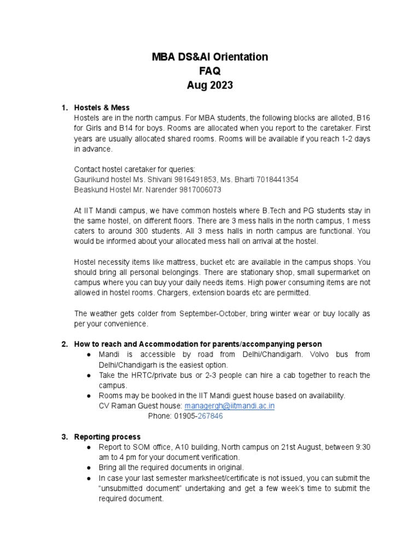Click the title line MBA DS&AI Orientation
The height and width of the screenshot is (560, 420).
click(211, 57)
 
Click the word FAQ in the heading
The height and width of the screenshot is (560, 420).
click(211, 71)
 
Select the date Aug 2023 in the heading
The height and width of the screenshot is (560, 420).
click(211, 85)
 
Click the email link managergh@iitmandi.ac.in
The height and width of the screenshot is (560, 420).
click(229, 406)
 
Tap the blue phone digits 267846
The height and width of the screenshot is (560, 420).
click(210, 416)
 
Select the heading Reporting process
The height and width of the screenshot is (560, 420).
click(107, 436)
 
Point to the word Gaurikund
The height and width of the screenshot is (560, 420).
click(91, 179)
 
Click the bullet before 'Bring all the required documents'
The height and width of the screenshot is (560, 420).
click(89, 468)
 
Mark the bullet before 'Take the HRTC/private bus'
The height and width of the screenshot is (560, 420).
click(89, 375)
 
